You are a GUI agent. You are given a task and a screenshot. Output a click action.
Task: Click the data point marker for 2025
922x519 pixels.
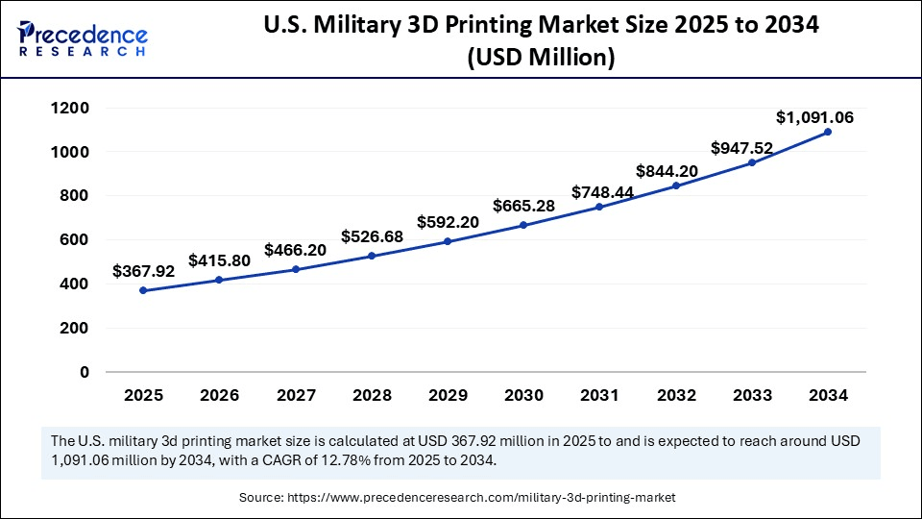coord(143,290)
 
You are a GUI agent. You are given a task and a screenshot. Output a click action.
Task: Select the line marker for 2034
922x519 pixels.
coord(828,132)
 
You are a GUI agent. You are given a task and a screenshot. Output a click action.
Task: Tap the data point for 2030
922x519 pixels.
coord(523,225)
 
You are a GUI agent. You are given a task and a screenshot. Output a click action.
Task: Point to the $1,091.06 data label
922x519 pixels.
coord(814,117)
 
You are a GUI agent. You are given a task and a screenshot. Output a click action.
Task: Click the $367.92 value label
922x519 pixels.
coord(143,272)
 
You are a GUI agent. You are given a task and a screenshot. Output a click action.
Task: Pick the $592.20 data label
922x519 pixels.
coord(448,222)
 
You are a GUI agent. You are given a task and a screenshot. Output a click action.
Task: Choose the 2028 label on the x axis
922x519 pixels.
coord(372,395)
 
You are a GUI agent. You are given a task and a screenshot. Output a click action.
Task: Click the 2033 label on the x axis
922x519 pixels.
coord(751,395)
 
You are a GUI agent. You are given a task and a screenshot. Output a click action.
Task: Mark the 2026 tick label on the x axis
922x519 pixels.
coord(219,395)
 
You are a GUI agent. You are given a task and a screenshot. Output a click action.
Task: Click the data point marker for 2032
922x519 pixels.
coord(675,185)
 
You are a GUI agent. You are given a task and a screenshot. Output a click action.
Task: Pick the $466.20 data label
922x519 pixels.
coord(295,250)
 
